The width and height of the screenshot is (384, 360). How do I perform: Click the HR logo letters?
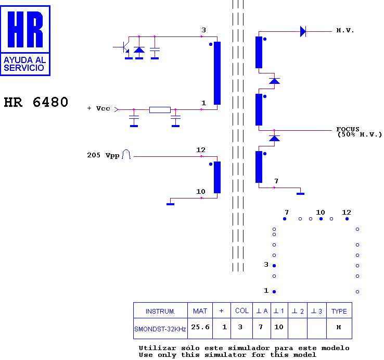click(x=25, y=29)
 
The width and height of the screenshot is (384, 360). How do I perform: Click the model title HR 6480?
click(x=36, y=102)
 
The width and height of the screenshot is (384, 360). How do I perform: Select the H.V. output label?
click(x=345, y=30)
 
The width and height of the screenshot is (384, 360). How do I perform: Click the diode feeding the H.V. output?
click(x=303, y=32)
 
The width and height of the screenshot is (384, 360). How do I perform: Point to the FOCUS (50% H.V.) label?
click(x=359, y=132)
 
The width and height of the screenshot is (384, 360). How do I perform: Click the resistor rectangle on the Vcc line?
click(x=160, y=109)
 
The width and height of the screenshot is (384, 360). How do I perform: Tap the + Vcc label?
click(x=99, y=108)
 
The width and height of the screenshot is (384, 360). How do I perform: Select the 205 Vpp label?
click(x=103, y=155)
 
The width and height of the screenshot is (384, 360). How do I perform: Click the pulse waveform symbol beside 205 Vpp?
click(x=126, y=154)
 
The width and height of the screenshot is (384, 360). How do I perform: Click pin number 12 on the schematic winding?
click(x=201, y=150)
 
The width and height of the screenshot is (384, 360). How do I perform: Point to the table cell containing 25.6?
click(x=200, y=328)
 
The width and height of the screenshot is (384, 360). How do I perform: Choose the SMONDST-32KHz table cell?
click(x=160, y=329)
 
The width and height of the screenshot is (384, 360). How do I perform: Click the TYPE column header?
click(x=339, y=311)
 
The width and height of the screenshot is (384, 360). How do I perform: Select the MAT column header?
click(x=200, y=311)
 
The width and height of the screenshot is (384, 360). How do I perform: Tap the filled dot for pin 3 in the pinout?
click(x=274, y=266)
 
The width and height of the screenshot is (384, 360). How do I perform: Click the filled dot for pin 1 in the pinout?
click(x=274, y=292)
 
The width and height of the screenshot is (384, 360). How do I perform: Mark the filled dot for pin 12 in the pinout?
click(x=347, y=219)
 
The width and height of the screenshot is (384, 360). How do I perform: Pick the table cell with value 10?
click(x=279, y=328)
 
